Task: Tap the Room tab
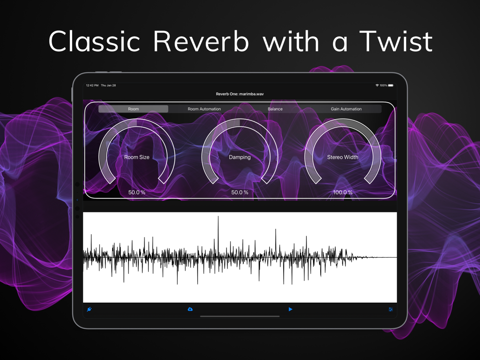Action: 133,109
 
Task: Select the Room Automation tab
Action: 204,109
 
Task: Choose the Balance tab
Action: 275,109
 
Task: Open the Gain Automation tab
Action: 346,109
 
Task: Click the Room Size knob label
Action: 137,157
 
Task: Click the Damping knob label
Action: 240,157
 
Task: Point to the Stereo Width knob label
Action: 343,157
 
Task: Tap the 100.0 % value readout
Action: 343,192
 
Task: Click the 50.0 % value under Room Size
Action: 137,192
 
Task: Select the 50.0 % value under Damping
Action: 240,192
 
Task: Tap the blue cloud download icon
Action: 190,309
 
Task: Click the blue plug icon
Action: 89,309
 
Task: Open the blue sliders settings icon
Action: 391,310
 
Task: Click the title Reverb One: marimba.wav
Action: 240,94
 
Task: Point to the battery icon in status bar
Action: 391,85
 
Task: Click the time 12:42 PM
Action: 92,85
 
